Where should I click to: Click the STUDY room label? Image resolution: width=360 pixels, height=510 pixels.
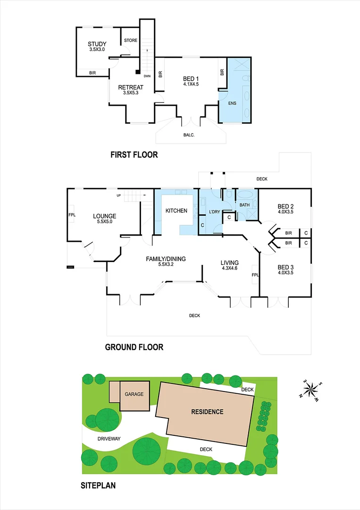tap(97, 44)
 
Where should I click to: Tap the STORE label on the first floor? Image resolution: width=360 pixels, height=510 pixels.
tap(131, 41)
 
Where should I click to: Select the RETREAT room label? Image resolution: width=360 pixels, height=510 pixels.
tap(131, 87)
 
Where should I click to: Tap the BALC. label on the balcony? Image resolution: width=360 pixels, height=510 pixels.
tap(189, 135)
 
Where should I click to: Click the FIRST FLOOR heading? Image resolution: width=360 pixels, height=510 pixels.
tap(134, 154)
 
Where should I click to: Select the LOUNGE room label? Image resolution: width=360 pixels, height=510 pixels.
tap(104, 216)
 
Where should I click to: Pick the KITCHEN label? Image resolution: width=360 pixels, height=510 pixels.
tap(176, 211)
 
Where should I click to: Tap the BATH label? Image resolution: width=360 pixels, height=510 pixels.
tap(244, 205)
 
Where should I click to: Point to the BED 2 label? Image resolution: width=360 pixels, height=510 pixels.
tap(286, 206)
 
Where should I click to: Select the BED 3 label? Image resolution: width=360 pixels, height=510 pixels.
tap(286, 267)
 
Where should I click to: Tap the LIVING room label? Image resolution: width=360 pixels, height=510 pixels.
tap(230, 263)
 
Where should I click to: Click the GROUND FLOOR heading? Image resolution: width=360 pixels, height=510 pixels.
tap(134, 348)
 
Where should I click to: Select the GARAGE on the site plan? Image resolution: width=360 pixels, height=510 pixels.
tap(134, 394)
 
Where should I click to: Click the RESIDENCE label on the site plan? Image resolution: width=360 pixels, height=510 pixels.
tap(207, 412)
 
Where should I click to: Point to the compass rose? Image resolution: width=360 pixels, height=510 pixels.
tap(311, 390)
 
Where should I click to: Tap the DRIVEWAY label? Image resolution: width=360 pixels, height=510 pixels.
tap(109, 439)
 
